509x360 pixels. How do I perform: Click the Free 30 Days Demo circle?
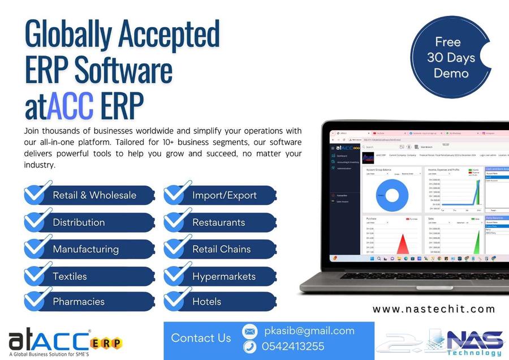451,57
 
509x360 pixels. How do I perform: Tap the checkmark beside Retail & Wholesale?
38,194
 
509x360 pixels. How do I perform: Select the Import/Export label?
225,195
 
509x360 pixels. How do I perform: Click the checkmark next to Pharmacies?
38,300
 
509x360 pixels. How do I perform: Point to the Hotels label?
207,302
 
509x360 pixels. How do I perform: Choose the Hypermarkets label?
224,277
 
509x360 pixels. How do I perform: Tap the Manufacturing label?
85,249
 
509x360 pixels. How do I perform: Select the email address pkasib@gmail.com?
309,331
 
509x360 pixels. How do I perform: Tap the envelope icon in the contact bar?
249,331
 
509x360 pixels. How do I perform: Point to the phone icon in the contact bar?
249,346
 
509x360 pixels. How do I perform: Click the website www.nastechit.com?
434,309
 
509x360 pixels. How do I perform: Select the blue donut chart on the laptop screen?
392,196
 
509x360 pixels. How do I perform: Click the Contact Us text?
201,338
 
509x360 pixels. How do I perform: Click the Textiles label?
70,277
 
